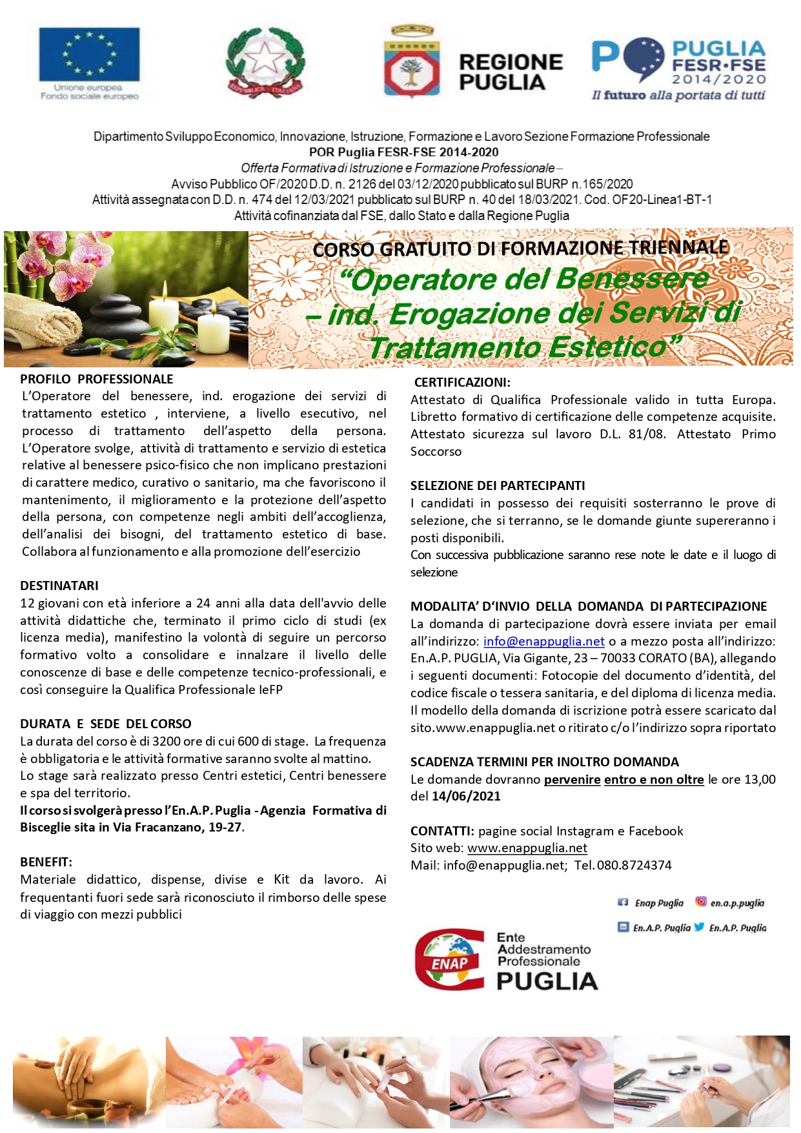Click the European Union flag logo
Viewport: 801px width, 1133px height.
pyautogui.click(x=89, y=55)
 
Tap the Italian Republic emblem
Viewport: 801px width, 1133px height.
pyautogui.click(x=265, y=63)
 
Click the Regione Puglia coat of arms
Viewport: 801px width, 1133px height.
pyautogui.click(x=412, y=63)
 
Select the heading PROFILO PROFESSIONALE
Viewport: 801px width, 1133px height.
pyautogui.click(x=97, y=379)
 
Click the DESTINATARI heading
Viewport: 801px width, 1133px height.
pyautogui.click(x=59, y=586)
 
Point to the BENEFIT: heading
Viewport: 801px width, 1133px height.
pyautogui.click(x=46, y=862)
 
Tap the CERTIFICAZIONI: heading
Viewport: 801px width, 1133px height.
pyautogui.click(x=462, y=382)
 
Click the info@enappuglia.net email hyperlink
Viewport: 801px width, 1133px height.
pyautogui.click(x=544, y=641)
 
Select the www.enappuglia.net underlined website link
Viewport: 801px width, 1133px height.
pyautogui.click(x=527, y=848)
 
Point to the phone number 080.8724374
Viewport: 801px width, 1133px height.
pyautogui.click(x=634, y=865)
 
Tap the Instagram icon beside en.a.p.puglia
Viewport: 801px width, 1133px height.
pyautogui.click(x=700, y=902)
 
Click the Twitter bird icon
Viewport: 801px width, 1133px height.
pyautogui.click(x=699, y=927)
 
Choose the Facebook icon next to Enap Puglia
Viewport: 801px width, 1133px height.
pyautogui.click(x=624, y=903)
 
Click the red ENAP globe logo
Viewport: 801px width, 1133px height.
pyautogui.click(x=450, y=959)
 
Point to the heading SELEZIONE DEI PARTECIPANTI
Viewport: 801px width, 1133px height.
pyautogui.click(x=498, y=485)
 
